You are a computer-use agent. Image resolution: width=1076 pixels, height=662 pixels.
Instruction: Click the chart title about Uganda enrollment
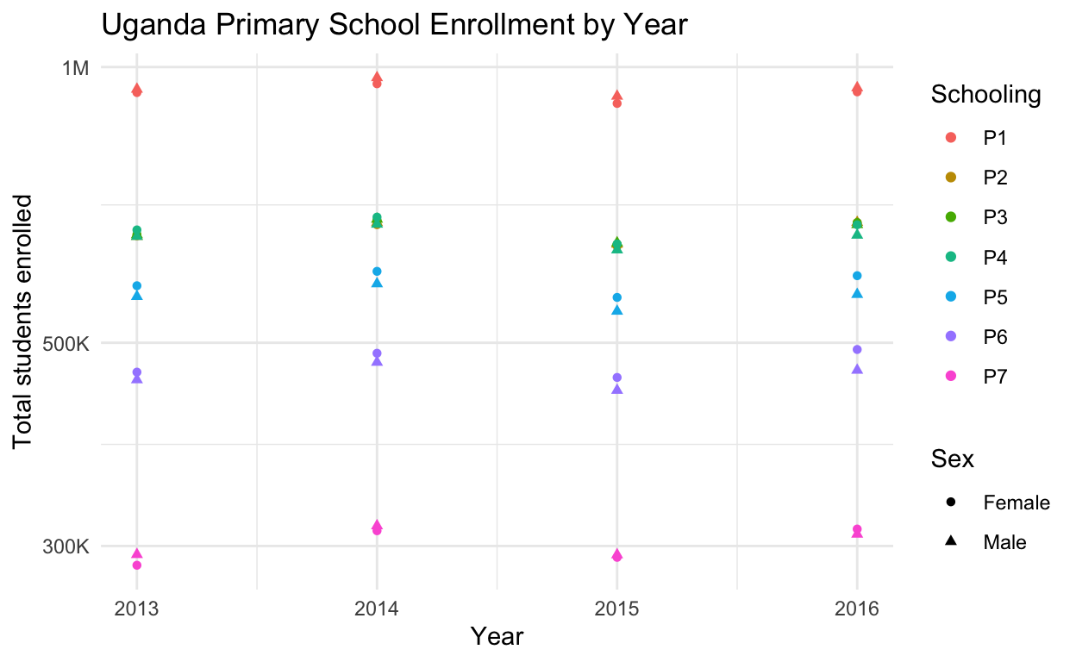click(394, 26)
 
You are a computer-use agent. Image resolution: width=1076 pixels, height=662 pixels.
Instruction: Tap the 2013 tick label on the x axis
click(136, 609)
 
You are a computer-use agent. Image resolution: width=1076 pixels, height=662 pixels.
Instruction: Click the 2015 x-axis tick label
click(616, 609)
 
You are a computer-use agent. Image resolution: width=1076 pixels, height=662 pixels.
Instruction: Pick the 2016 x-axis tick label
click(857, 609)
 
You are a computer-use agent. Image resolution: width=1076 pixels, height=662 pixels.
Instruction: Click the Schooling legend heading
click(985, 95)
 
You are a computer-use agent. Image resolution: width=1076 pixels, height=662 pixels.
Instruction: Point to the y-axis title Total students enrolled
click(23, 321)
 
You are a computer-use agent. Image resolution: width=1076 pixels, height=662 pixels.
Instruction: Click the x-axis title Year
click(497, 637)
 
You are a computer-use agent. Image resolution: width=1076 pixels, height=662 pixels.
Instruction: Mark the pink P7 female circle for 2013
click(136, 565)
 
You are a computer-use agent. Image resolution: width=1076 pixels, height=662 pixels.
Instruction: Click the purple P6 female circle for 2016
click(857, 349)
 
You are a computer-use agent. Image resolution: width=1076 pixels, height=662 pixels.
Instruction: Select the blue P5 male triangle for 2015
click(616, 310)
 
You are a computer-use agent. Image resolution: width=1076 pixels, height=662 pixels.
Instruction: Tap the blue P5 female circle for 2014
click(377, 272)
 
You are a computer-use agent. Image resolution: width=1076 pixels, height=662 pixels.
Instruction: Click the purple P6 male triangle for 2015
click(616, 390)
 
